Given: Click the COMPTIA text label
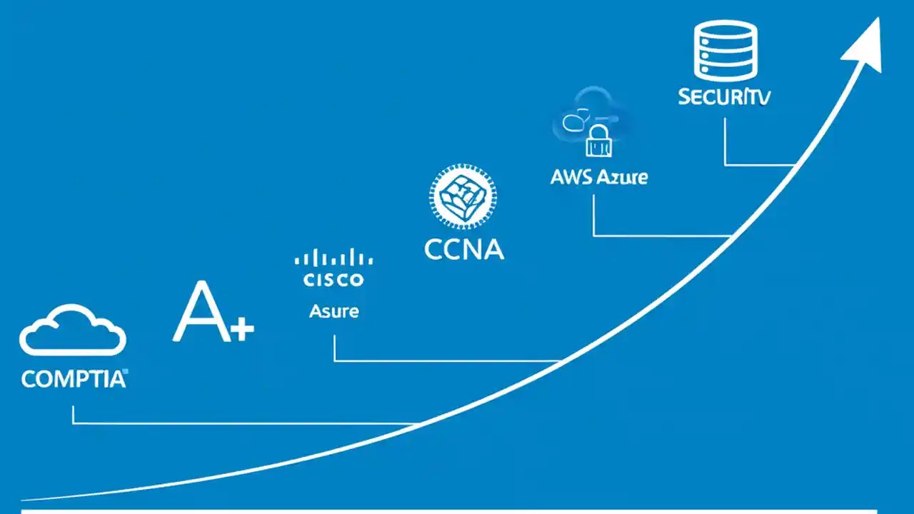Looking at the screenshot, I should click(x=73, y=379).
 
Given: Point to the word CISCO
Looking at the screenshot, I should click(x=333, y=279).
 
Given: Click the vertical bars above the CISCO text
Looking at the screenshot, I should click(x=333, y=258).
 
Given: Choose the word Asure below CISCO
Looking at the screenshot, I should click(x=333, y=311).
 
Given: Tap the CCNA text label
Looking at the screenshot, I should click(x=463, y=249).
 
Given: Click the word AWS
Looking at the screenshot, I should click(x=571, y=177).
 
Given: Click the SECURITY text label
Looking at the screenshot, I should click(x=724, y=98).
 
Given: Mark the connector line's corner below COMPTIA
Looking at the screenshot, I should click(x=73, y=423).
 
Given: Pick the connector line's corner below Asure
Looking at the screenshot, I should click(x=334, y=361).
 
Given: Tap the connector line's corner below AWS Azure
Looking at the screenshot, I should click(x=594, y=235).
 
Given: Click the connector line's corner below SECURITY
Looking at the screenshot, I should click(x=725, y=165).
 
